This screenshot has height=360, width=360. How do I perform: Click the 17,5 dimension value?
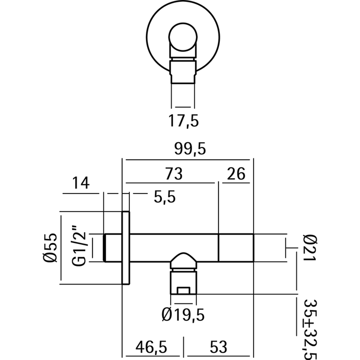(184, 121)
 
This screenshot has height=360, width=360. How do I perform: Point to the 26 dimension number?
(236, 174)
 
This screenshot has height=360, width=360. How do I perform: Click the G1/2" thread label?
(80, 247)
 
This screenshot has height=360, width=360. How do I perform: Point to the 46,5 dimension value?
(151, 347)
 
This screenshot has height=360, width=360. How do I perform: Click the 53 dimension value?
(218, 347)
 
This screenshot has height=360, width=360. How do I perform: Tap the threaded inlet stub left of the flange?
(113, 247)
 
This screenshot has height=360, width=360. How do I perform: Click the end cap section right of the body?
(236, 247)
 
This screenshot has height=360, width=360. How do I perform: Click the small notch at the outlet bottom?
(184, 290)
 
